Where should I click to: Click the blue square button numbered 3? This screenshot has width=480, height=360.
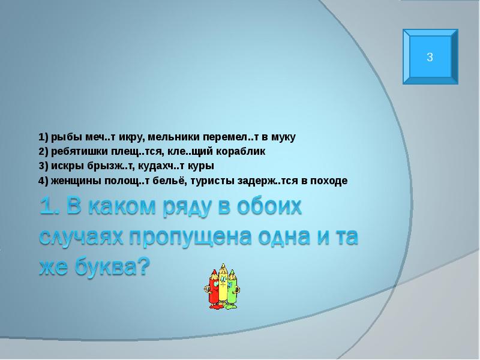tap(430, 58)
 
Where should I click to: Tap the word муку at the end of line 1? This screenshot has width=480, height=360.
tap(283, 137)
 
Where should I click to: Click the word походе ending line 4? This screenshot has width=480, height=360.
tap(330, 180)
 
